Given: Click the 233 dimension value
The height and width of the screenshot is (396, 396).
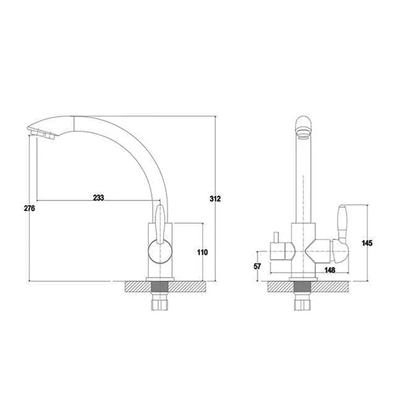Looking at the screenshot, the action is click(99, 198).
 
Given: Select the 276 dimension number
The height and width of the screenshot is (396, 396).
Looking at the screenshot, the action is click(29, 209).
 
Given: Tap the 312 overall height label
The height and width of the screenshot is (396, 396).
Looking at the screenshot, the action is click(215, 199).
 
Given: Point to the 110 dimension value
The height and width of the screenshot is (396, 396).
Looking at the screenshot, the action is click(202, 252).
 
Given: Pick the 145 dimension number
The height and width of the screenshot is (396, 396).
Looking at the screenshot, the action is click(367, 243).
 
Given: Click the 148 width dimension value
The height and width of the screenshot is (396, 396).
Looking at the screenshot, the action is click(329, 270).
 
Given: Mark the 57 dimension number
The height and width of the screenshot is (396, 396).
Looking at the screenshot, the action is click(257, 266).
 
